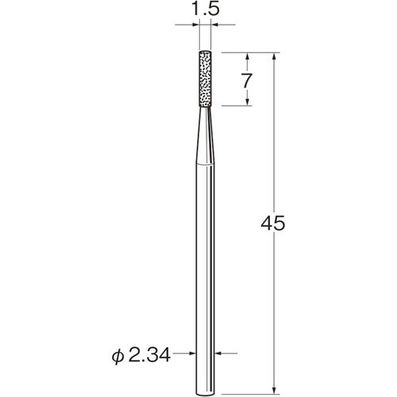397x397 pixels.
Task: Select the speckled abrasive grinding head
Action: point(206,79)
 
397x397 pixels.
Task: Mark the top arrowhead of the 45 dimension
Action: point(275,58)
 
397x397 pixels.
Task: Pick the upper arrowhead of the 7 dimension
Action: point(249,58)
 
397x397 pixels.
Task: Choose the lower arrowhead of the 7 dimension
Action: point(249,101)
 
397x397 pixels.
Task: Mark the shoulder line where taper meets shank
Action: point(206,162)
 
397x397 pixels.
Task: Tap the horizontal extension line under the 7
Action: point(238,106)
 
